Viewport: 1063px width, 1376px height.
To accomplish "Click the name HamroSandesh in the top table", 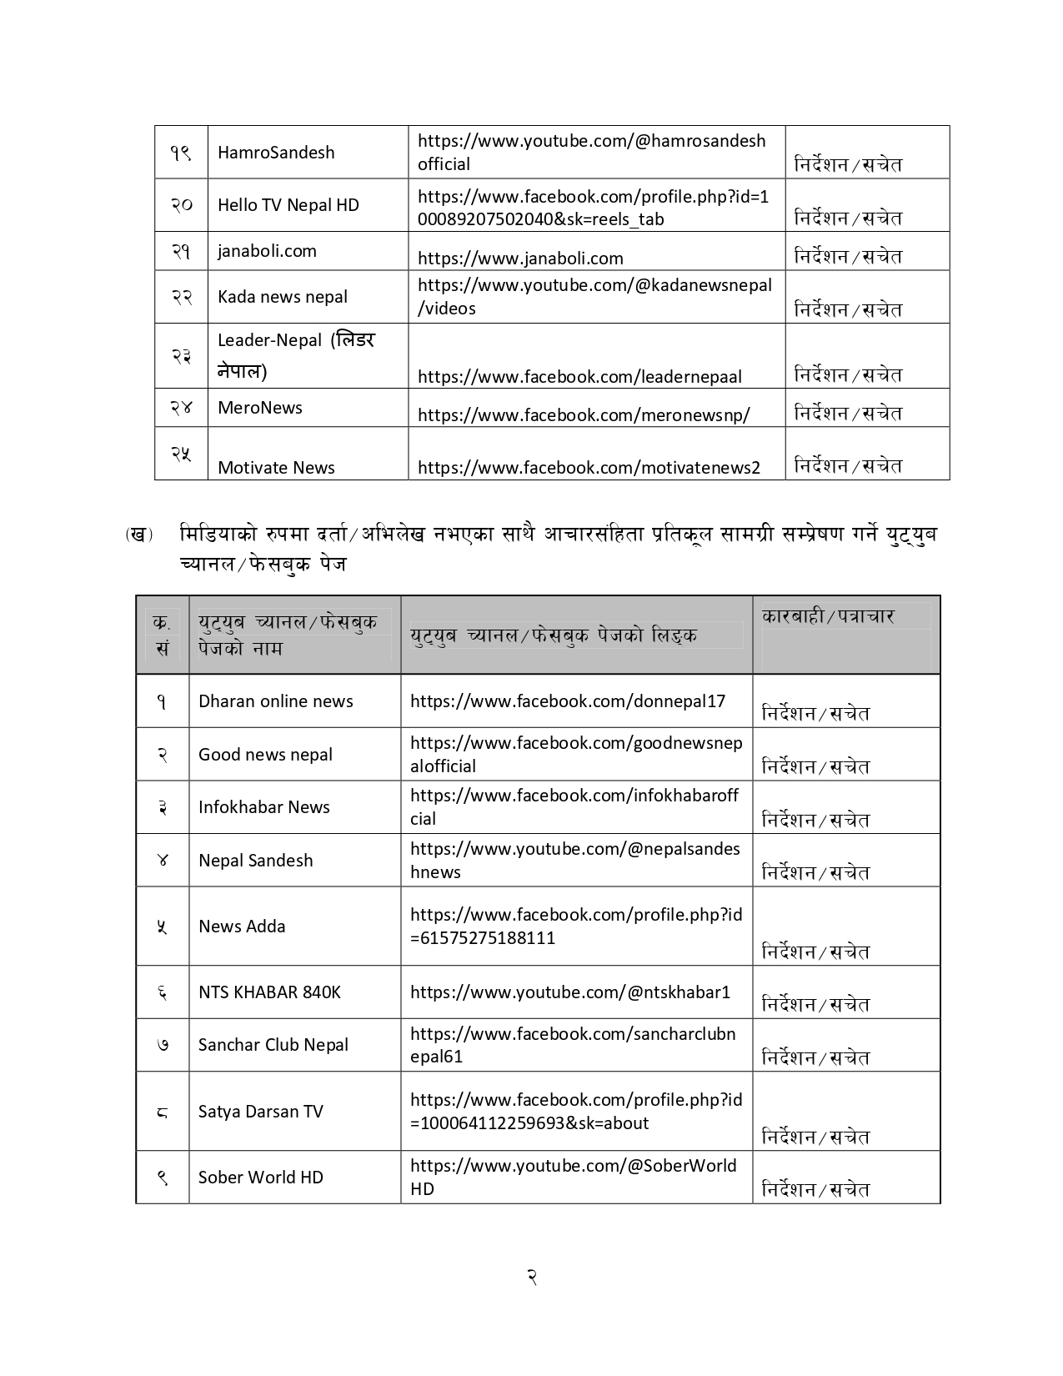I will [x=276, y=153].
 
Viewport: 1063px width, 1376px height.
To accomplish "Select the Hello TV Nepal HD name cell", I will [x=288, y=205].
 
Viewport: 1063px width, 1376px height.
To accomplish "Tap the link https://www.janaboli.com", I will [x=520, y=259].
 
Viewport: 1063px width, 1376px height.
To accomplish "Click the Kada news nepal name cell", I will [x=282, y=297].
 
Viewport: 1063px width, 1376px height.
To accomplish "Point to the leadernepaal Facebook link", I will [x=579, y=376].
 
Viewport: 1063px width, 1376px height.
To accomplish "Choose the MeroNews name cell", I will [x=259, y=408].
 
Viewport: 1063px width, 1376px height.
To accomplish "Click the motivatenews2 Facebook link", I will [x=589, y=468].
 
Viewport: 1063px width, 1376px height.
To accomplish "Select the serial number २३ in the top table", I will [x=181, y=356].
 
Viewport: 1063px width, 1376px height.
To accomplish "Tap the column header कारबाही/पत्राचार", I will [x=827, y=617].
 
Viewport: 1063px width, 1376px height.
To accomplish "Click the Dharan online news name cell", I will [x=275, y=701].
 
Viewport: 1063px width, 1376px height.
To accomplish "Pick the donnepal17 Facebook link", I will [x=568, y=701].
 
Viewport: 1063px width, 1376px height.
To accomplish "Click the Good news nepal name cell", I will [x=265, y=755].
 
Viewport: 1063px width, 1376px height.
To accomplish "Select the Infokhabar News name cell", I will [x=263, y=807].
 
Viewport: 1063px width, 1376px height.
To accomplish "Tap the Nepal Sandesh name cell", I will [x=255, y=861].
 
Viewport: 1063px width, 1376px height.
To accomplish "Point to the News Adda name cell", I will [x=242, y=927].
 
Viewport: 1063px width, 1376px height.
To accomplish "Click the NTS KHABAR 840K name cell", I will [x=269, y=992].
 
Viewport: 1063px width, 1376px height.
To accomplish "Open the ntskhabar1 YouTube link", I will [x=570, y=992].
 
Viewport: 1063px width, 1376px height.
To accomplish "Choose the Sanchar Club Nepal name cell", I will [x=273, y=1045].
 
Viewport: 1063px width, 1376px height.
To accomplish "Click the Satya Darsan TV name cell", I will [x=260, y=1112].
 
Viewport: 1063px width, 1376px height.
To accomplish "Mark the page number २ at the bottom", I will [x=531, y=1277].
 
